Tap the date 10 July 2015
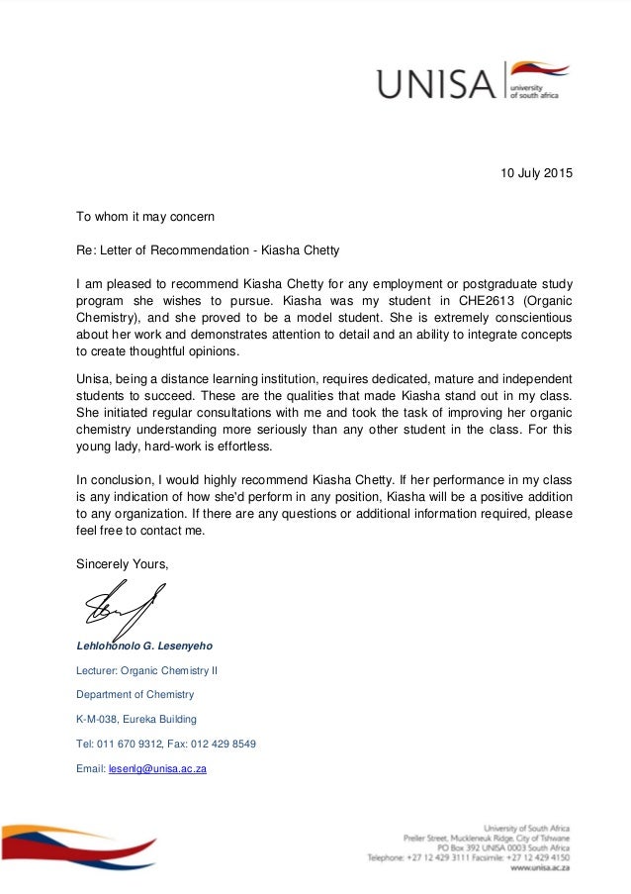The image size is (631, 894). pyautogui.click(x=535, y=175)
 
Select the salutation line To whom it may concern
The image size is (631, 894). pyautogui.click(x=145, y=216)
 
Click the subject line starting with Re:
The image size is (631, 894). pyautogui.click(x=208, y=249)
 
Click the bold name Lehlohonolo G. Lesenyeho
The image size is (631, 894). pyautogui.click(x=144, y=646)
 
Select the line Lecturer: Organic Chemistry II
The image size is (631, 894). pyautogui.click(x=147, y=670)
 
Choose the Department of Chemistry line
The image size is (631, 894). pyautogui.click(x=135, y=695)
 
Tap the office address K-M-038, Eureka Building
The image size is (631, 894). pyautogui.click(x=136, y=719)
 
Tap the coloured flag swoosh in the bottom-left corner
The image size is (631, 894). pyautogui.click(x=74, y=844)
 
